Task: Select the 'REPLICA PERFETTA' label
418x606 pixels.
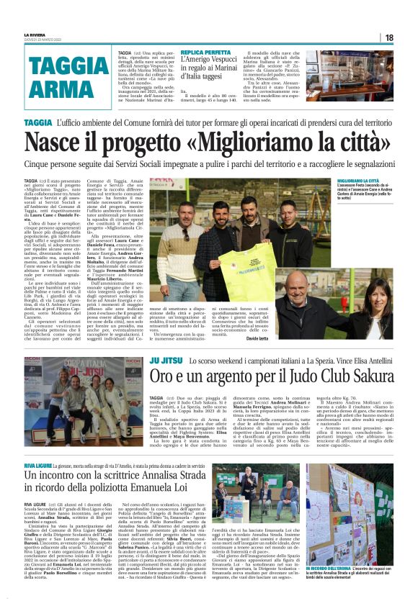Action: click(x=206, y=53)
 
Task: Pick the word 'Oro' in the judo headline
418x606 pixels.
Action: click(x=164, y=376)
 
